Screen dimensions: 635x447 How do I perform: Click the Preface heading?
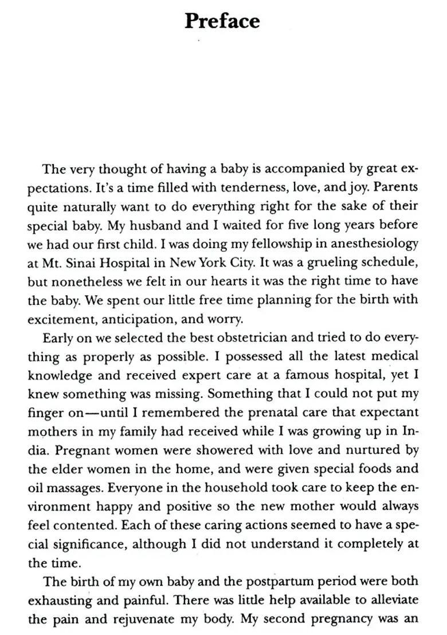[x=222, y=21]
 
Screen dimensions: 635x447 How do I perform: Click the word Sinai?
[x=78, y=262]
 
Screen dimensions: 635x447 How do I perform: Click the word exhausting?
[x=60, y=600]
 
